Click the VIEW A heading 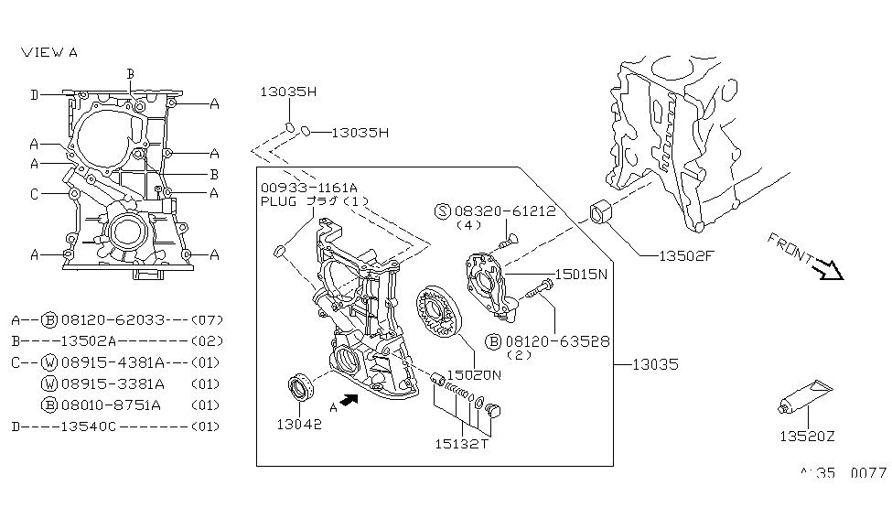point(49,52)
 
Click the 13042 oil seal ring point(300,388)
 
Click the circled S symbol point(442,210)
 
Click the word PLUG point(279,200)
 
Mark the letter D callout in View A point(34,94)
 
